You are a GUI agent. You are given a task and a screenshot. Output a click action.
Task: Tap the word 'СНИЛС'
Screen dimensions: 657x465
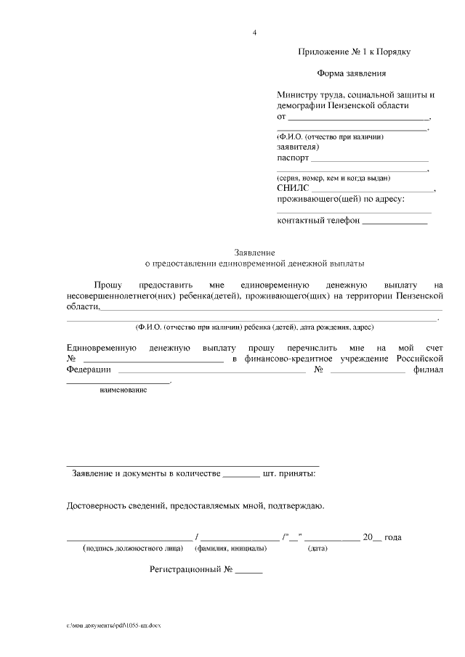294,188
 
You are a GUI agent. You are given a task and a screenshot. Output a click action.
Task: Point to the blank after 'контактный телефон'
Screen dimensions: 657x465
395,221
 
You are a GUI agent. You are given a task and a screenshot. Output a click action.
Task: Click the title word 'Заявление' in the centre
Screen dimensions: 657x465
254,250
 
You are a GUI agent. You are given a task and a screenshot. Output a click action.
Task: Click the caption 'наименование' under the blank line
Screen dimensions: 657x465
124,391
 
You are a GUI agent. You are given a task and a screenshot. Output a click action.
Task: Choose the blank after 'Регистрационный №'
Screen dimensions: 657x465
248,570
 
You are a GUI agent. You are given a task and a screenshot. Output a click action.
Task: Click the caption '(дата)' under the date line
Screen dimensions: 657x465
318,549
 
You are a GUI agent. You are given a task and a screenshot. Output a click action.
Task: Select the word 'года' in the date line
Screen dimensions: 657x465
392,537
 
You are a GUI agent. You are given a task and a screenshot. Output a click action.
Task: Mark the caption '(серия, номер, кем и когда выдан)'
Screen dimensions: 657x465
333,178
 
